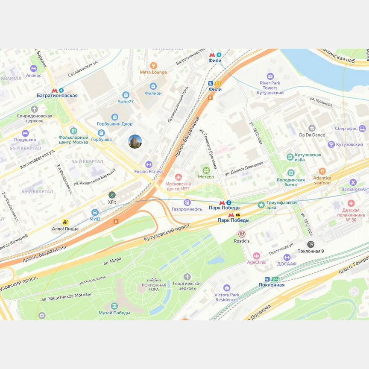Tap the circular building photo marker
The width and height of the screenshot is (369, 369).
135,141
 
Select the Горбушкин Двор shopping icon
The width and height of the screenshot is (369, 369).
114,117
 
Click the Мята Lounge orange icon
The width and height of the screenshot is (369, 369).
154,65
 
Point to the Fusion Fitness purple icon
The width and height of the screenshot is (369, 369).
149,164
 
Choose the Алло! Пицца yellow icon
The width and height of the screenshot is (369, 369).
65,222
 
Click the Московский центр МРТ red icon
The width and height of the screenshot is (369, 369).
179,177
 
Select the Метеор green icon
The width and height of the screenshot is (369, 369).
206,170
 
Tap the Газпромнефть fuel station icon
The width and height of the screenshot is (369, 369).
187,202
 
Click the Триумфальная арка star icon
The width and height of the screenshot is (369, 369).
261,205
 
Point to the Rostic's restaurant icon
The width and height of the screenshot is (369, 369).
242,234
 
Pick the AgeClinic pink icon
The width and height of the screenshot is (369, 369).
257,255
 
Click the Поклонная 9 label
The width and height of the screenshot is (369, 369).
310,251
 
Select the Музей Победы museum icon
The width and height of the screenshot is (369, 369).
114,306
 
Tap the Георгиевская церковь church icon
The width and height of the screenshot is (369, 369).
187,277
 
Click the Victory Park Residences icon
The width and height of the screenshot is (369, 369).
227,288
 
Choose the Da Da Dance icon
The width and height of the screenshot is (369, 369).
312,128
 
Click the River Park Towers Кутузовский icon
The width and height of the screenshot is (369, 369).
270,76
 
